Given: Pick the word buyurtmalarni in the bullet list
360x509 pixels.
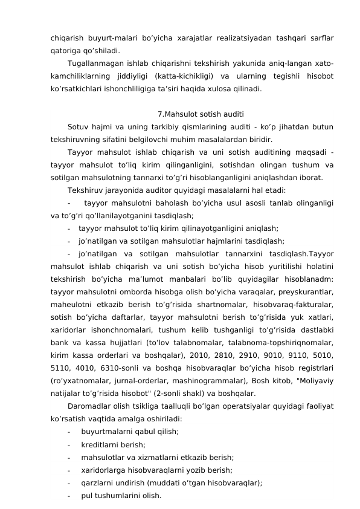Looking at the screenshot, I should coord(105,431).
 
